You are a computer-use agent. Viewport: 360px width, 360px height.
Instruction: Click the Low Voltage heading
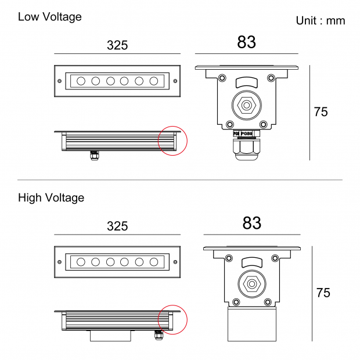49,17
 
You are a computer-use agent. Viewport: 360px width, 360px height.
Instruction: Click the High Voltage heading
51,198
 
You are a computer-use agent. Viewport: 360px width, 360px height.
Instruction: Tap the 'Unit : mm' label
321,21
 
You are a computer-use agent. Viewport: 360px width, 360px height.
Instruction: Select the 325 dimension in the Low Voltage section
117,45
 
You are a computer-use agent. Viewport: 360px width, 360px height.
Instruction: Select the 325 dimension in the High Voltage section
117,226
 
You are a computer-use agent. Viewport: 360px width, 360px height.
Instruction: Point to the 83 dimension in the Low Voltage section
247,42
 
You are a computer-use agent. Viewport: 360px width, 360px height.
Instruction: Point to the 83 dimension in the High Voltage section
252,223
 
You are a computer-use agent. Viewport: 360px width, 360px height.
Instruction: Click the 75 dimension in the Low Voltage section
321,112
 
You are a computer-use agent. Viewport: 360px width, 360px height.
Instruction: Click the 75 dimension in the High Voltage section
323,293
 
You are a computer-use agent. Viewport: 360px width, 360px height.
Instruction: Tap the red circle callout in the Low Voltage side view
173,140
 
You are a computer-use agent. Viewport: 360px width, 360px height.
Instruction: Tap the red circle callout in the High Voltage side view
173,320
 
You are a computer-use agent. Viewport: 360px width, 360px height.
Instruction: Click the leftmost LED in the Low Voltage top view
81,81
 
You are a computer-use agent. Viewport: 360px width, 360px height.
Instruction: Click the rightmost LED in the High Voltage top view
154,262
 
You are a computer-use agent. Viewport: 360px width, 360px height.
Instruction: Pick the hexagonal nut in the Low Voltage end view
247,106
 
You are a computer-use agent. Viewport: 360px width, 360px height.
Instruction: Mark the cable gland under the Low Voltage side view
94,155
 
